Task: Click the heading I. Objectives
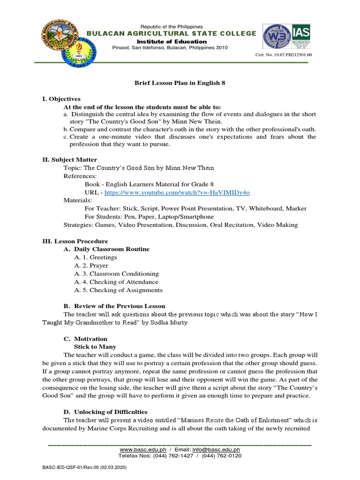tap(61, 99)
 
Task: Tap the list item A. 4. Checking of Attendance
tap(116, 282)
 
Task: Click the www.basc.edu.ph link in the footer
tap(140, 450)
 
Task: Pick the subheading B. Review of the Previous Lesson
tap(114, 306)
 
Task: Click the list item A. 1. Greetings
tap(95, 257)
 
